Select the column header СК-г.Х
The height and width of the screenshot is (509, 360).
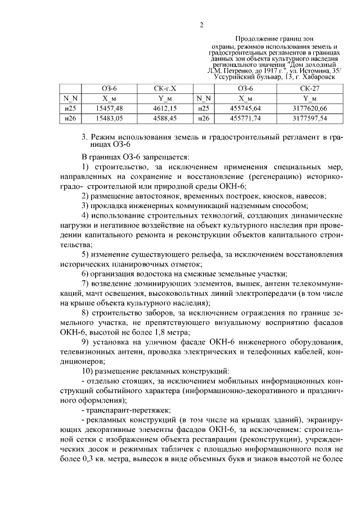pyautogui.click(x=164, y=89)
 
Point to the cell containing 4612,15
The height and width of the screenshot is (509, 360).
pyautogui.click(x=165, y=108)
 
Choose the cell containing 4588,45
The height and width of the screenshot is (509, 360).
pyautogui.click(x=165, y=118)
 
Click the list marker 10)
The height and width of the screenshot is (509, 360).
pyautogui.click(x=88, y=371)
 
